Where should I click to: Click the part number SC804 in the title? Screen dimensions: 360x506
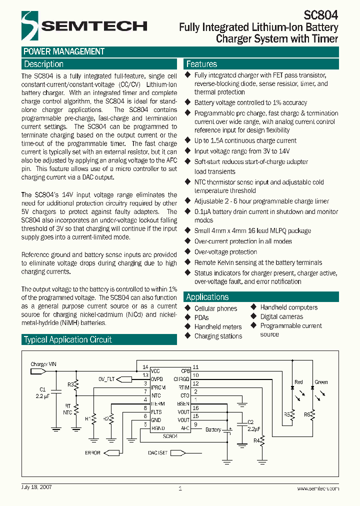coord(321,15)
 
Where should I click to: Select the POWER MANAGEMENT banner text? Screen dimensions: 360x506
coord(64,51)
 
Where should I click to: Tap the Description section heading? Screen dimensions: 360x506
coord(44,64)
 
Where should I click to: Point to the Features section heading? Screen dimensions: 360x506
coord(201,64)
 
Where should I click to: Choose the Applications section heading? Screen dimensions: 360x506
coord(207,296)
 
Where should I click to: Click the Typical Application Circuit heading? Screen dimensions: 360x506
coord(68,339)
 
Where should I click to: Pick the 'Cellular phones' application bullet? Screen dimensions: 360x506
coord(215,308)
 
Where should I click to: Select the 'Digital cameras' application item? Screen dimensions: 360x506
coord(281,316)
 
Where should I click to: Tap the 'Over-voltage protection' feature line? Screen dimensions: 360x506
coord(225,252)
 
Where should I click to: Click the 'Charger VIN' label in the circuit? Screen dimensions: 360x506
coord(43,364)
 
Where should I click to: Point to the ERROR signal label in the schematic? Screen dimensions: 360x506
coord(93,453)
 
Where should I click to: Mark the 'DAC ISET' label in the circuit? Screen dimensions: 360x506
coord(157,452)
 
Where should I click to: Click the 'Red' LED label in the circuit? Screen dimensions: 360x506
coord(298,382)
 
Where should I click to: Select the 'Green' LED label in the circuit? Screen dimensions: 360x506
coord(321,382)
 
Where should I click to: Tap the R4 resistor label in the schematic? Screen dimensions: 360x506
coord(256,440)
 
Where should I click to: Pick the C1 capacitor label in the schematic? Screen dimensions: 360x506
coord(42,389)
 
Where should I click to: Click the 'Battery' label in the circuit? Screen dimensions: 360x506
coord(213,429)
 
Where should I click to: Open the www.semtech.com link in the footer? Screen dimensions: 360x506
coord(317,488)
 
